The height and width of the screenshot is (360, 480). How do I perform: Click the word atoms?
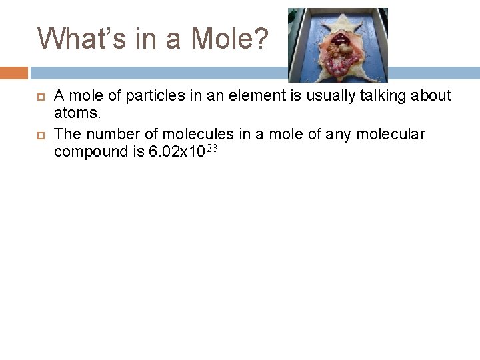point(75,115)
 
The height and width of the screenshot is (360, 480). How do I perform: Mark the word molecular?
point(392,135)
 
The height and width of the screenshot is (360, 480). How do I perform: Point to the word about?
point(431,97)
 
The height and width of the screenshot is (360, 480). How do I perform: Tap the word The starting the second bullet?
point(67,135)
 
